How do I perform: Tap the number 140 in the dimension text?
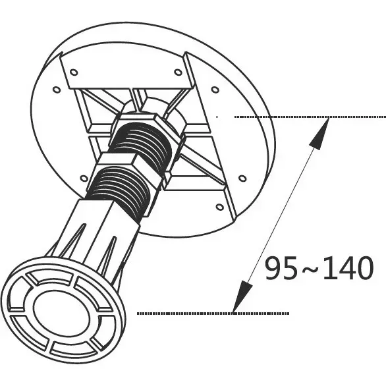tap(348, 267)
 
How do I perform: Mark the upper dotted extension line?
tap(310, 117)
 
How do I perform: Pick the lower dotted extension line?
tap(213, 314)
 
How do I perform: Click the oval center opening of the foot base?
tap(62, 313)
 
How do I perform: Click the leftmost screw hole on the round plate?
tap(57, 90)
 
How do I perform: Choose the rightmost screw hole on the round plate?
tap(242, 178)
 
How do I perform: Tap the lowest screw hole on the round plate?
tap(219, 207)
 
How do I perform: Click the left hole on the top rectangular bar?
tap(74, 72)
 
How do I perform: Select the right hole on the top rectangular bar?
tap(178, 72)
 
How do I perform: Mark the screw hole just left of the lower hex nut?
tap(84, 178)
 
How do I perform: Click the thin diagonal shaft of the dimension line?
tap(281, 215)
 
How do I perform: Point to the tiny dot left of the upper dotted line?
tap(217, 117)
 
